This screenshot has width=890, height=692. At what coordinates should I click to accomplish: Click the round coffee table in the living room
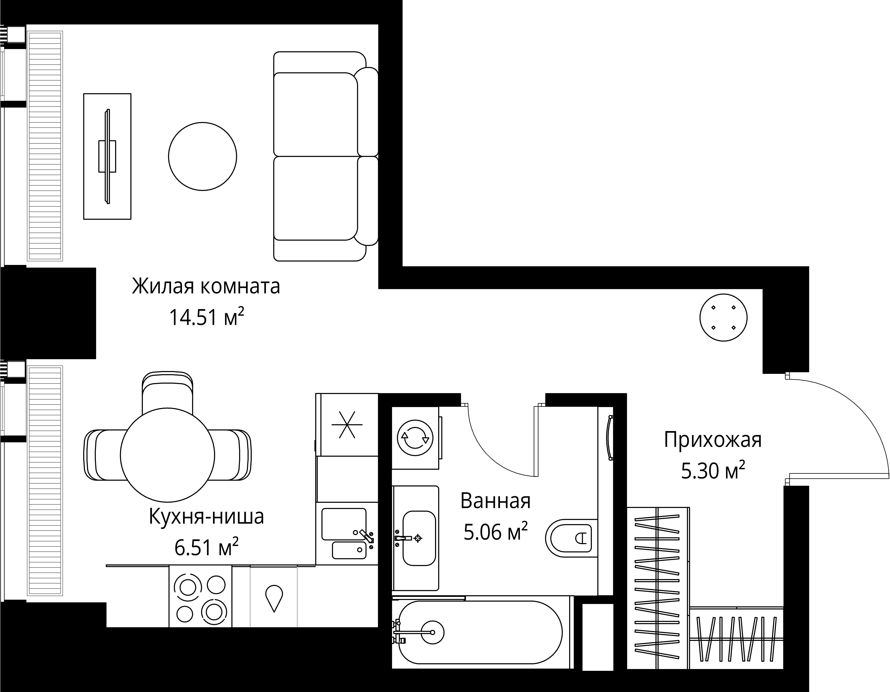click(x=202, y=156)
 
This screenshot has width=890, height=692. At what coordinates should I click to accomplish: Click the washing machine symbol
click(x=415, y=438)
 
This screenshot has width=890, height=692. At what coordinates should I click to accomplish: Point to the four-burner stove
click(x=200, y=597)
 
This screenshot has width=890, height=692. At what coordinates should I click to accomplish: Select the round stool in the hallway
click(x=723, y=318)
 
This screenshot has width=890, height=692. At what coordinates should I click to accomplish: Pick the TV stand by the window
click(x=107, y=156)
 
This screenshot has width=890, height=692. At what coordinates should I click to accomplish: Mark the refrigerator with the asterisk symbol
click(x=347, y=425)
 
